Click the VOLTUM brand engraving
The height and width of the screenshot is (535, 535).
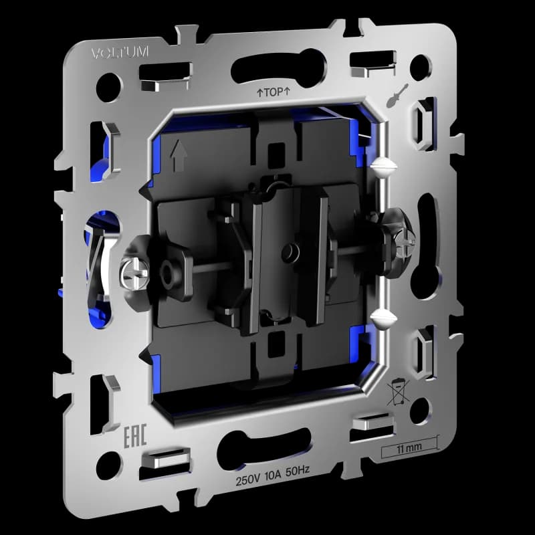click(120, 53)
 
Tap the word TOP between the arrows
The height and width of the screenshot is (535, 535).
click(274, 92)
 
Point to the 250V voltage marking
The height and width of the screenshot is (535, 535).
click(247, 479)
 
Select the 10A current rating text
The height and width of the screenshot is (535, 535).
click(273, 475)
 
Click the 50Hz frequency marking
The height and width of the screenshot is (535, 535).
click(298, 471)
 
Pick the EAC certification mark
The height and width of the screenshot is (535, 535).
click(135, 436)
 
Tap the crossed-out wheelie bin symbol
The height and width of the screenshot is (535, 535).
click(398, 391)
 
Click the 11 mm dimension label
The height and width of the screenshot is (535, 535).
click(409, 447)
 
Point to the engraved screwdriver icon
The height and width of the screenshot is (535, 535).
click(397, 96)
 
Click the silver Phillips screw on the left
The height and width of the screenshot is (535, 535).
click(135, 273)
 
